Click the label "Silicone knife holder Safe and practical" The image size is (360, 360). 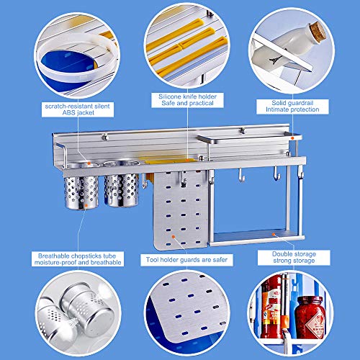pos(187,100)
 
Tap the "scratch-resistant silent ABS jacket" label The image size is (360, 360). pos(78,109)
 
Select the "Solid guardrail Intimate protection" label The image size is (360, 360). pos(292,107)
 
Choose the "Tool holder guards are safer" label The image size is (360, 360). pos(186,260)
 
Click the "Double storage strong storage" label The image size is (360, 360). pos(294,258)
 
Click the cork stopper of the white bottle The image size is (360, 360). pos(318,32)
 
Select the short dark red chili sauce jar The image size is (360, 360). pos(310,317)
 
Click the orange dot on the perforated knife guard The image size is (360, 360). pos(174,237)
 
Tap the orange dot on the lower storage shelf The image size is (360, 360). pos(273,233)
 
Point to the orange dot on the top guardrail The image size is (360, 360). pos(292,138)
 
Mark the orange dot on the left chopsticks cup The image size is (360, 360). pos(86,205)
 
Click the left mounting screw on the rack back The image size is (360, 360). pos(104,138)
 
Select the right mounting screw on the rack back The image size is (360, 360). pos(243,131)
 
